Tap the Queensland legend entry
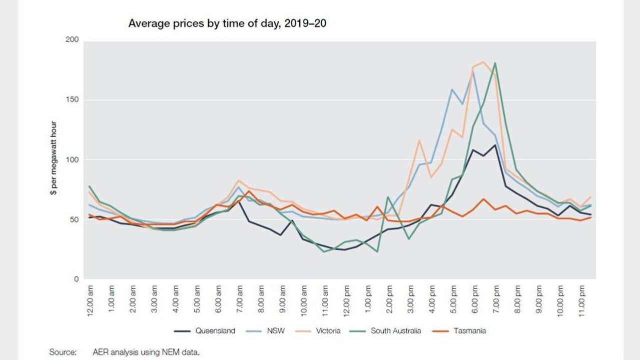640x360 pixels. click(x=205, y=331)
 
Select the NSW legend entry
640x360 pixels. click(x=265, y=331)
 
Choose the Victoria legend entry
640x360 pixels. click(x=318, y=331)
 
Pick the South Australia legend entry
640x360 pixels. click(x=385, y=331)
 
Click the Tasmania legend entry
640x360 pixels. click(x=459, y=331)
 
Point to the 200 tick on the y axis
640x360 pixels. click(x=72, y=39)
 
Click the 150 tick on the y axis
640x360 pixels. click(x=72, y=99)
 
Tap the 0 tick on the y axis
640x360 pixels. click(x=76, y=279)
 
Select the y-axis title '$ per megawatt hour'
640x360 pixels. click(x=54, y=158)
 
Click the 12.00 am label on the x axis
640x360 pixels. click(x=90, y=300)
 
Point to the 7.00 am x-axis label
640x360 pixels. click(x=240, y=299)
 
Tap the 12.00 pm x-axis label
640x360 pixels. click(x=347, y=300)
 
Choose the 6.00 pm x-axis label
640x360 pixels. click(x=475, y=299)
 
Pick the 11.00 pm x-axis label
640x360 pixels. click(x=582, y=300)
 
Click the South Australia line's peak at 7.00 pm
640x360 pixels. click(x=495, y=63)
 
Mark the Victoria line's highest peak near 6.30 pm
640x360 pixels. click(x=483, y=61)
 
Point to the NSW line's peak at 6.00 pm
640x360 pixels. click(x=473, y=71)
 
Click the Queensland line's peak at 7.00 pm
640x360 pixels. click(x=495, y=145)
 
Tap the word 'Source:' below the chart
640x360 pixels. click(x=63, y=352)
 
